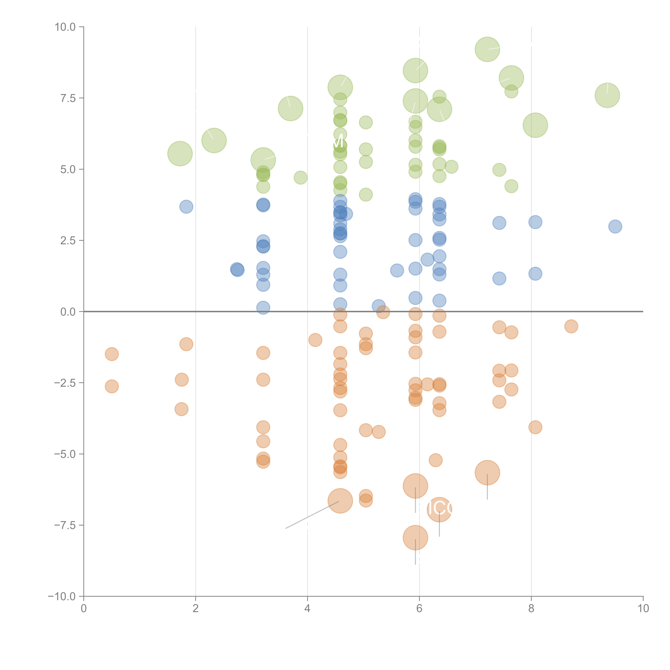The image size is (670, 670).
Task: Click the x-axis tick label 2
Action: (x=196, y=609)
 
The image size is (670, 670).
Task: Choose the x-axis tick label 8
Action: (x=531, y=609)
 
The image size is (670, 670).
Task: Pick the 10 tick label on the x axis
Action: (x=643, y=609)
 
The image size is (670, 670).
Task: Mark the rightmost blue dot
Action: (x=615, y=226)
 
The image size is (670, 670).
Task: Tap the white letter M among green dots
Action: (x=338, y=142)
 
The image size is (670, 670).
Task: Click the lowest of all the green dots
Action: (x=366, y=195)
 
